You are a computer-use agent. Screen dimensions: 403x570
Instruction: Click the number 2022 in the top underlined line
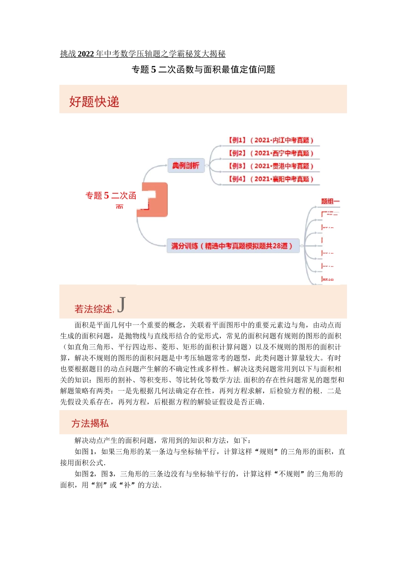86,54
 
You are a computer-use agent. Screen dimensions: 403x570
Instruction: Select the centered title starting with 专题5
203,70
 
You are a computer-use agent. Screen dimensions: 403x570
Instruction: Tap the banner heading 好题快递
94,102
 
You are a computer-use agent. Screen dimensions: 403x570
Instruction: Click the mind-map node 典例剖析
185,165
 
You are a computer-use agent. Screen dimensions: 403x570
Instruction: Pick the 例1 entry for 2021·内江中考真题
271,140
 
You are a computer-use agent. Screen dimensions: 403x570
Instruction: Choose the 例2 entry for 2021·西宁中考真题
271,154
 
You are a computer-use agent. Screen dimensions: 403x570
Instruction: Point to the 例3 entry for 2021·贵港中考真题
271,166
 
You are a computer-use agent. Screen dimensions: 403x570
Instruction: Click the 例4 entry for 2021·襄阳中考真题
271,179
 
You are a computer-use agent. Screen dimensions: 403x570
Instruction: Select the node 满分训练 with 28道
232,246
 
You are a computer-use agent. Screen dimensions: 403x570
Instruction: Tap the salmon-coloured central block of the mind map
155,200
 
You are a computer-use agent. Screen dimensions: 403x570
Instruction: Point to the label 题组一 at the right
330,201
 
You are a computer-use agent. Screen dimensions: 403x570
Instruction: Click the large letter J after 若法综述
121,305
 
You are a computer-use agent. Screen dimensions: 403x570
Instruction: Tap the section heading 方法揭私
90,423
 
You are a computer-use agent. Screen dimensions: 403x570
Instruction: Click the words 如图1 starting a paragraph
85,452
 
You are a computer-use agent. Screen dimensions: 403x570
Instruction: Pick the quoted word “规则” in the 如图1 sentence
266,452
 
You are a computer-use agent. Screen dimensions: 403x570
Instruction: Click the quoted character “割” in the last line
99,485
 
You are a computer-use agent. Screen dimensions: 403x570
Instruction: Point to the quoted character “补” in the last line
127,485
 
